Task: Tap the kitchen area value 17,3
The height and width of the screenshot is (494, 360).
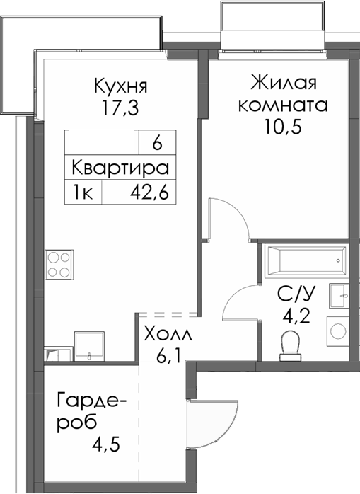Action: pos(120,110)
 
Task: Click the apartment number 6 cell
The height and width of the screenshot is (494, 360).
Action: pos(157,142)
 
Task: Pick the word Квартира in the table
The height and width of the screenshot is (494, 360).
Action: pos(120,168)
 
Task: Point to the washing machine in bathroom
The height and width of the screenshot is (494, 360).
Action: pos(337,329)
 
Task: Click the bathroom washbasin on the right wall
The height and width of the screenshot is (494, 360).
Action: pos(340,292)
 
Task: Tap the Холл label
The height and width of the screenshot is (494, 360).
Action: pos(167,333)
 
